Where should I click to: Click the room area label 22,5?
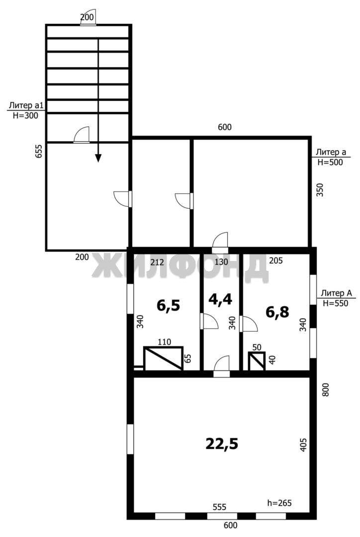point(222,444)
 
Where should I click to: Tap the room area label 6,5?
point(168,305)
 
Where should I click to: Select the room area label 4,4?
point(220,299)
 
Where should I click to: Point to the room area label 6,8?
point(277,312)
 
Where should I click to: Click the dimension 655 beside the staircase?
point(39,151)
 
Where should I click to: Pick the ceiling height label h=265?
point(279,503)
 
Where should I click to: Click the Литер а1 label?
point(24,105)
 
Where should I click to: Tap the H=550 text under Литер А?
point(335,303)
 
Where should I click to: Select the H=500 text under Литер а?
point(330,162)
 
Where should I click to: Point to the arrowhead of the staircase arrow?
point(98,158)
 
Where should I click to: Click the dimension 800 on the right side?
point(325,390)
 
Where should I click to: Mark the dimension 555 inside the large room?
point(219,507)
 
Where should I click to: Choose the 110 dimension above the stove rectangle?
point(164,342)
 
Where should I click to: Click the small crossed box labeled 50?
point(257,361)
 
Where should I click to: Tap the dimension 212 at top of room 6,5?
point(157,263)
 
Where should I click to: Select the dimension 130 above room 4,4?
point(221,262)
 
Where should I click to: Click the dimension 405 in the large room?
point(303,445)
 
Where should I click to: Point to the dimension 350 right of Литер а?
point(320,190)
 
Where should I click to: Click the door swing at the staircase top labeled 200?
point(89,18)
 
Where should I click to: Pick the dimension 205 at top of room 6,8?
point(276,261)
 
